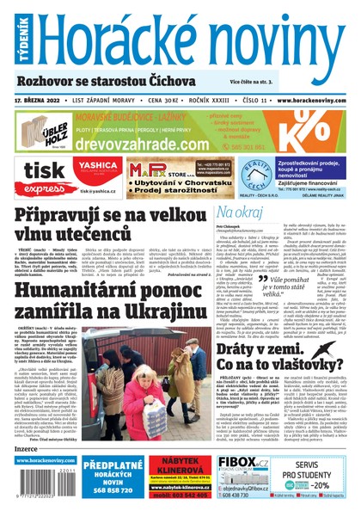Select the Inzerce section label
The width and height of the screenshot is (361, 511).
[x=29, y=447]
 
